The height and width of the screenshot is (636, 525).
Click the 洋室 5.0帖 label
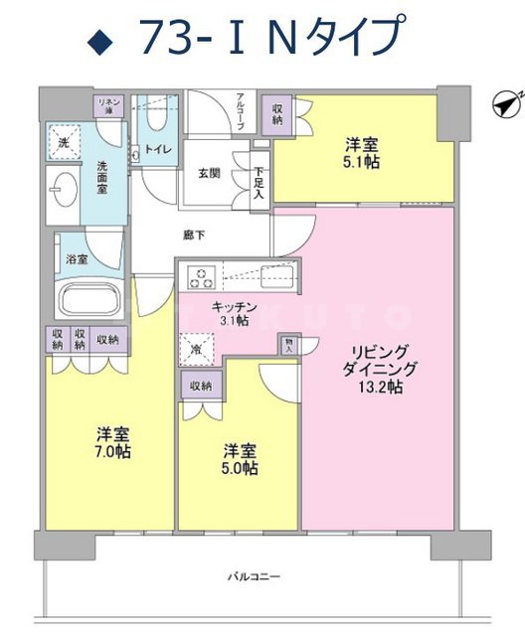(240, 458)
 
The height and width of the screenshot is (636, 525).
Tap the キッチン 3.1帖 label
(229, 313)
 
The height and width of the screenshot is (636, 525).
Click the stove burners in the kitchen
(199, 275)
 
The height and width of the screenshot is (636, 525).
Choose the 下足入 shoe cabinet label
(258, 183)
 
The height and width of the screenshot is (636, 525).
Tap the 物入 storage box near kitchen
(289, 345)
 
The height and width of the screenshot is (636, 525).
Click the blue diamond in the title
(98, 40)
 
